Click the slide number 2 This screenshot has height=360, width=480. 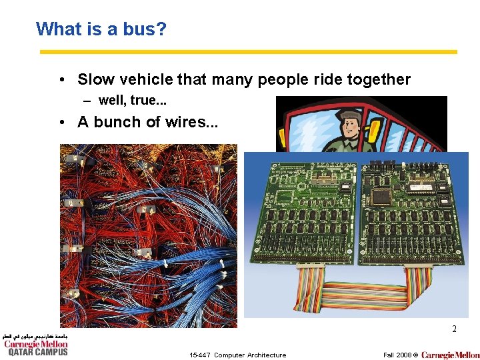coord(454,329)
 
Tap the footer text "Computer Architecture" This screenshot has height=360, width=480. coord(250,355)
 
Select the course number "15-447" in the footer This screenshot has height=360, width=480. coord(199,355)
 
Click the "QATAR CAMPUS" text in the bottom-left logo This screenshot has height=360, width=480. coord(37,353)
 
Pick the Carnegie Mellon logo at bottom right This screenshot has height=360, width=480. coord(450,355)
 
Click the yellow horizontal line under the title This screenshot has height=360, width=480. coord(248,52)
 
